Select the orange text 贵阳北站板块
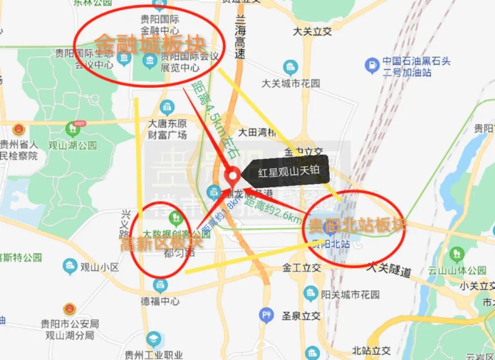[x=357, y=225]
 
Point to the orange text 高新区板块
[x=161, y=243]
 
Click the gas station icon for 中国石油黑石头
[x=372, y=66]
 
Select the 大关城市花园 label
[x=291, y=83]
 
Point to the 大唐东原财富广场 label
[x=167, y=129]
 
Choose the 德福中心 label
[x=160, y=301]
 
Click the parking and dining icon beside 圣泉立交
[x=266, y=315]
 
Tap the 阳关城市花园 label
[x=350, y=294]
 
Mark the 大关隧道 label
[x=388, y=269]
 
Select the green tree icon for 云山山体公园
[x=457, y=254]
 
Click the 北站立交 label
[x=371, y=351]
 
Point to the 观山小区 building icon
[x=70, y=266]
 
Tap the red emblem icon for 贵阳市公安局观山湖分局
[x=69, y=309]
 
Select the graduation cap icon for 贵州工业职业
[x=154, y=339]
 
